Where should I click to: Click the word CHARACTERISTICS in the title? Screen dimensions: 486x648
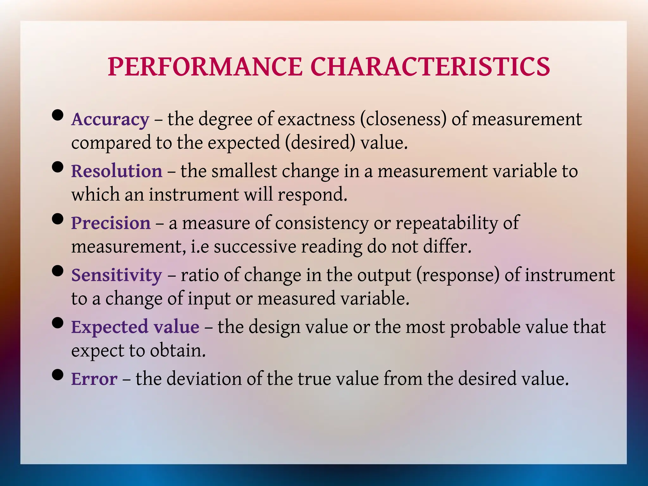tap(430, 67)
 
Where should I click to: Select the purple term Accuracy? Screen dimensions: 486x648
tap(110, 120)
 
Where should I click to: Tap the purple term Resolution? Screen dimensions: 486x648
tap(117, 171)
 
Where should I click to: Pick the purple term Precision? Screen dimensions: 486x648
tap(111, 223)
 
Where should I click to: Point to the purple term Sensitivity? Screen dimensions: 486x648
tap(116, 275)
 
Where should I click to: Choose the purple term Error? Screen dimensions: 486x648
tap(94, 379)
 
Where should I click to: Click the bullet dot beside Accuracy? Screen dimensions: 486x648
tap(58, 115)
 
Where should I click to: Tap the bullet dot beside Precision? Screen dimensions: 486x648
tap(58, 219)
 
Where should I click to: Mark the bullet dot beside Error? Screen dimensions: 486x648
tap(58, 375)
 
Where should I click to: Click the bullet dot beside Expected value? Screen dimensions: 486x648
tap(58, 323)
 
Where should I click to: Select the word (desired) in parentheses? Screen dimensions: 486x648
tap(320, 143)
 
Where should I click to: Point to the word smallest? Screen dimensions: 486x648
tap(244, 171)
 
